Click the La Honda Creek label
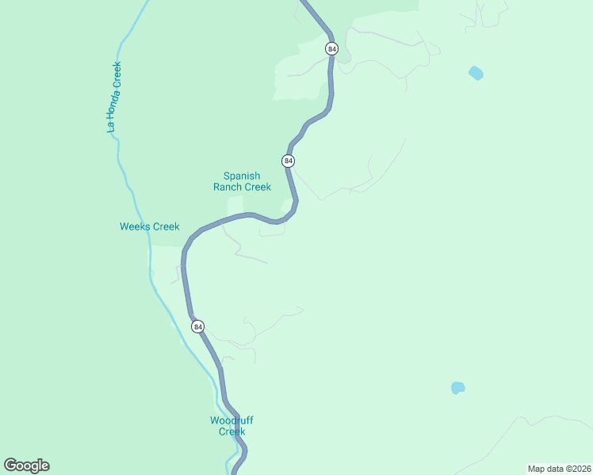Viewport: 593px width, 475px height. [x=115, y=97]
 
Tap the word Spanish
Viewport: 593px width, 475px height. [x=242, y=176]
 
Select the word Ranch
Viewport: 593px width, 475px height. [x=228, y=188]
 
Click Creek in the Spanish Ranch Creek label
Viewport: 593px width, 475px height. [x=258, y=188]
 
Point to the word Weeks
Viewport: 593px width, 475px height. [x=134, y=226]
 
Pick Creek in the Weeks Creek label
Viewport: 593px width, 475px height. [x=166, y=226]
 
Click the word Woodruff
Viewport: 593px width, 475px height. [x=231, y=420]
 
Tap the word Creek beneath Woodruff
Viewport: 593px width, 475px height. [x=232, y=431]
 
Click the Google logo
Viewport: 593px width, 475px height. [x=26, y=465]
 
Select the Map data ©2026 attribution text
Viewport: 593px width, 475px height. [x=559, y=469]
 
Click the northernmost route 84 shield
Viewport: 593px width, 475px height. [x=331, y=49]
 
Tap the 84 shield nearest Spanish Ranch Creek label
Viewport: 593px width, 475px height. [x=288, y=161]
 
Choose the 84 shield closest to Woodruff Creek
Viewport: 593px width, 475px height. [x=197, y=326]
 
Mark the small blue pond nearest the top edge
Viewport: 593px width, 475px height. [x=476, y=74]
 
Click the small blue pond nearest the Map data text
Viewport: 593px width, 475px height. [x=457, y=388]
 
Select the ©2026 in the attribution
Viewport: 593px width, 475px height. [x=576, y=469]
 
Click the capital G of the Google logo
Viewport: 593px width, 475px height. [x=10, y=465]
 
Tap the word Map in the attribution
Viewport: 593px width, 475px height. [x=537, y=469]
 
